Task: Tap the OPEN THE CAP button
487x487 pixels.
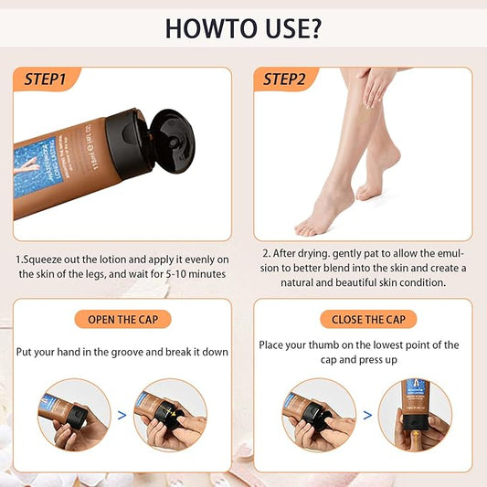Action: (x=122, y=320)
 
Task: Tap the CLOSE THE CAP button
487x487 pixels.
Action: (x=364, y=320)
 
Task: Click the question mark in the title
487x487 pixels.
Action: (x=312, y=27)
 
